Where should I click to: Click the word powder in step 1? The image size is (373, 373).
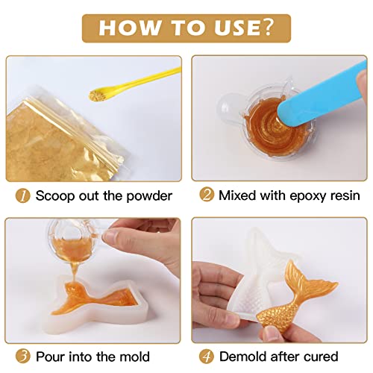149,195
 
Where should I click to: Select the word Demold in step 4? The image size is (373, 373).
243,356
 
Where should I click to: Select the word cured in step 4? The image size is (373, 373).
322,356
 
